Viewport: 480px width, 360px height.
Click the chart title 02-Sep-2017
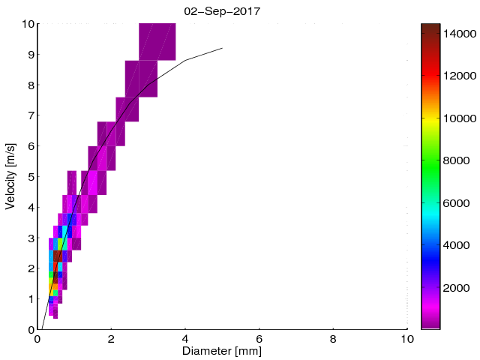coord(221,11)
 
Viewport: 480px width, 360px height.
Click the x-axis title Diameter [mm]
coord(221,351)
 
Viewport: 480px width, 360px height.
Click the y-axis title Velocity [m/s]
coord(10,176)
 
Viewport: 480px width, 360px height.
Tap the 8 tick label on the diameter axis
coord(333,339)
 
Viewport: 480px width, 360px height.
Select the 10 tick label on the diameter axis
coord(406,339)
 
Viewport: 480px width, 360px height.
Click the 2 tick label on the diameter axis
coord(111,339)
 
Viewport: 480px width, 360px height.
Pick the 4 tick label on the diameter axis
coord(185,339)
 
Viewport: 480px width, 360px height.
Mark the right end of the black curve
coord(223,48)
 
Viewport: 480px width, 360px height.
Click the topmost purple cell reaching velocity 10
coord(157,41)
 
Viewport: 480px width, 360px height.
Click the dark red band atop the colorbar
coord(430,30)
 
